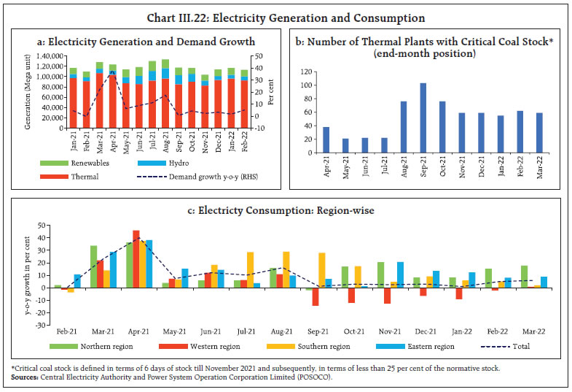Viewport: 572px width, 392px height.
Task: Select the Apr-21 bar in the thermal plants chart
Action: coord(306,142)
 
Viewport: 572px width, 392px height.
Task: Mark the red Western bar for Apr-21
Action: coord(136,258)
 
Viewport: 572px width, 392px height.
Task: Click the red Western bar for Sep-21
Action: coord(315,296)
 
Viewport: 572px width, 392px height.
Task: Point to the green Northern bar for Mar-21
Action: coord(94,266)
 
